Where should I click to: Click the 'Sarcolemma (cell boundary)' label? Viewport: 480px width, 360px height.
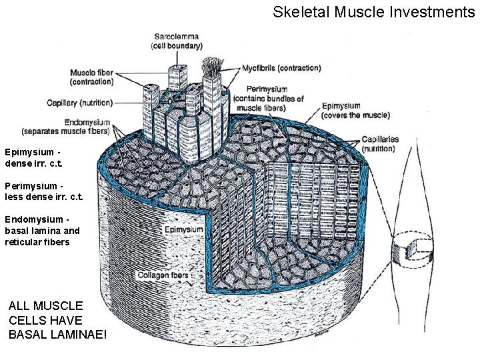(177, 41)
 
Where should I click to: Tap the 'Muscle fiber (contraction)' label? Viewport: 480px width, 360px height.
(91, 77)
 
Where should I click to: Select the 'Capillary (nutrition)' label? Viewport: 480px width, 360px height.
(79, 103)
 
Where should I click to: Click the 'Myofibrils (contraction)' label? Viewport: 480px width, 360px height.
(280, 68)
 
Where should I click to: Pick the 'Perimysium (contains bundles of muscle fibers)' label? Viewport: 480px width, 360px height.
(269, 98)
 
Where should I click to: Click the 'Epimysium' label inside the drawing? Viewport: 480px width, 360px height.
(184, 230)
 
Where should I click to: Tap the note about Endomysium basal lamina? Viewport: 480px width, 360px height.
(42, 230)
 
